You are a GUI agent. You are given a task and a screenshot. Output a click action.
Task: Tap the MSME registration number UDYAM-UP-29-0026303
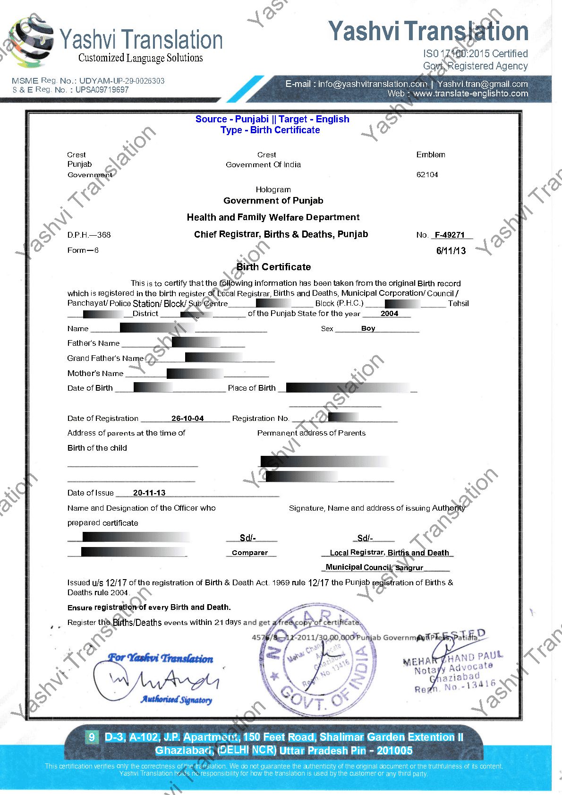click(122, 81)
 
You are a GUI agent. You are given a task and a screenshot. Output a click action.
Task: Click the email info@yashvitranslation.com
click(372, 84)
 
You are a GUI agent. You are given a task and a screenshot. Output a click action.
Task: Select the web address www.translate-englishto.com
click(470, 94)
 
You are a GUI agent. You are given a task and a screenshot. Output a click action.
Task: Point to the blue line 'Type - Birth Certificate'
click(270, 130)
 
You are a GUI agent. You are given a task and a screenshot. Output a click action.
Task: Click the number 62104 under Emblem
click(427, 175)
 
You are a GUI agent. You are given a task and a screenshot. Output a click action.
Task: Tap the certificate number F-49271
click(450, 235)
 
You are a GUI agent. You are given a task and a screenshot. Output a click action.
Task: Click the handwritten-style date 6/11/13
click(451, 251)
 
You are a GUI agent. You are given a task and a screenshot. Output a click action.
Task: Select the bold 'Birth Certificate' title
click(273, 267)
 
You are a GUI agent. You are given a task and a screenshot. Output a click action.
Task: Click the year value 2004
click(389, 314)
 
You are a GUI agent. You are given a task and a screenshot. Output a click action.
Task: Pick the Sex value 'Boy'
click(368, 328)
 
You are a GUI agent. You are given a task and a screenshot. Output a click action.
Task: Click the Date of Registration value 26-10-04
click(187, 419)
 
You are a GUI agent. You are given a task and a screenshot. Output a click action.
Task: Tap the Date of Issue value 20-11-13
click(149, 493)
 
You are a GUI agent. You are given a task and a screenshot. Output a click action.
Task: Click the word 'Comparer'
click(250, 553)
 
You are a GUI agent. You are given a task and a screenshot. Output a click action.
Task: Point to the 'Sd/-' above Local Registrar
click(365, 538)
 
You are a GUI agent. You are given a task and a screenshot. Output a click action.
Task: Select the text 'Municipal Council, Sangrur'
click(374, 567)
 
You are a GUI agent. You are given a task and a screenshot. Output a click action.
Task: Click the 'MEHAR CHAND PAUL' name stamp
click(452, 658)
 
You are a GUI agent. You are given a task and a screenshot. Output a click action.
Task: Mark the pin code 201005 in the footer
click(394, 751)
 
